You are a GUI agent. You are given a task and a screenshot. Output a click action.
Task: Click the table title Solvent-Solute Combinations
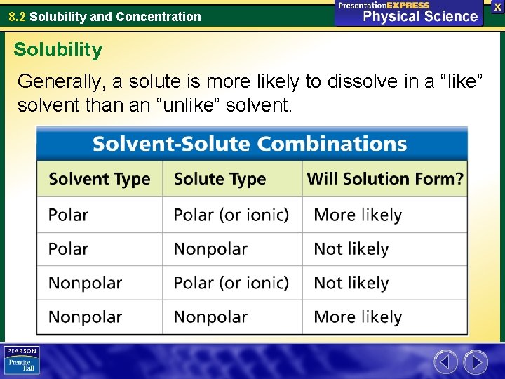(250, 144)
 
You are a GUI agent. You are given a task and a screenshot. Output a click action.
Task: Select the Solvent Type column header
(99, 179)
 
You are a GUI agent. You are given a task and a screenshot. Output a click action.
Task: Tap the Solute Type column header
(220, 179)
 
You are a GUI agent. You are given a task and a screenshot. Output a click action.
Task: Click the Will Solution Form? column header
(385, 179)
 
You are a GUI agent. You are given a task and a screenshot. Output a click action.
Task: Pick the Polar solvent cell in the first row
(69, 215)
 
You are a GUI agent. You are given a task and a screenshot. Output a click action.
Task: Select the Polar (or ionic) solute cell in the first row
(231, 215)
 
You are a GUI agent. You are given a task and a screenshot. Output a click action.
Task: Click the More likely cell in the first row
(358, 215)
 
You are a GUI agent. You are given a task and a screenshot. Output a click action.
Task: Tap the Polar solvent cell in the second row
(69, 249)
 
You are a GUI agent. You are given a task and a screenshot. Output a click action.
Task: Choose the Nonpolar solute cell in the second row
(210, 249)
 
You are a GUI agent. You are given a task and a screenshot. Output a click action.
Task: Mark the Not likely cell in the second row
(351, 249)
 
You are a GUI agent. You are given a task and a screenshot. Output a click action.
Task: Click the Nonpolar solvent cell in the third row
(85, 283)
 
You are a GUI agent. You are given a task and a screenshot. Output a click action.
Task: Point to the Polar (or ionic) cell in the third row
(231, 283)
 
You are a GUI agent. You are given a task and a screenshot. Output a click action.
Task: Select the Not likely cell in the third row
(351, 283)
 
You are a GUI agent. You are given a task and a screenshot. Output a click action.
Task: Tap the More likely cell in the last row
(358, 317)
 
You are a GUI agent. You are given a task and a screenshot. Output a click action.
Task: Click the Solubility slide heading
(58, 50)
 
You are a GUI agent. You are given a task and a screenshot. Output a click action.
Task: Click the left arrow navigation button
(445, 362)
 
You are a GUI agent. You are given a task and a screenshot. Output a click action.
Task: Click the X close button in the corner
(497, 6)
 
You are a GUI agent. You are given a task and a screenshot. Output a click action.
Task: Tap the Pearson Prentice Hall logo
(22, 361)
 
